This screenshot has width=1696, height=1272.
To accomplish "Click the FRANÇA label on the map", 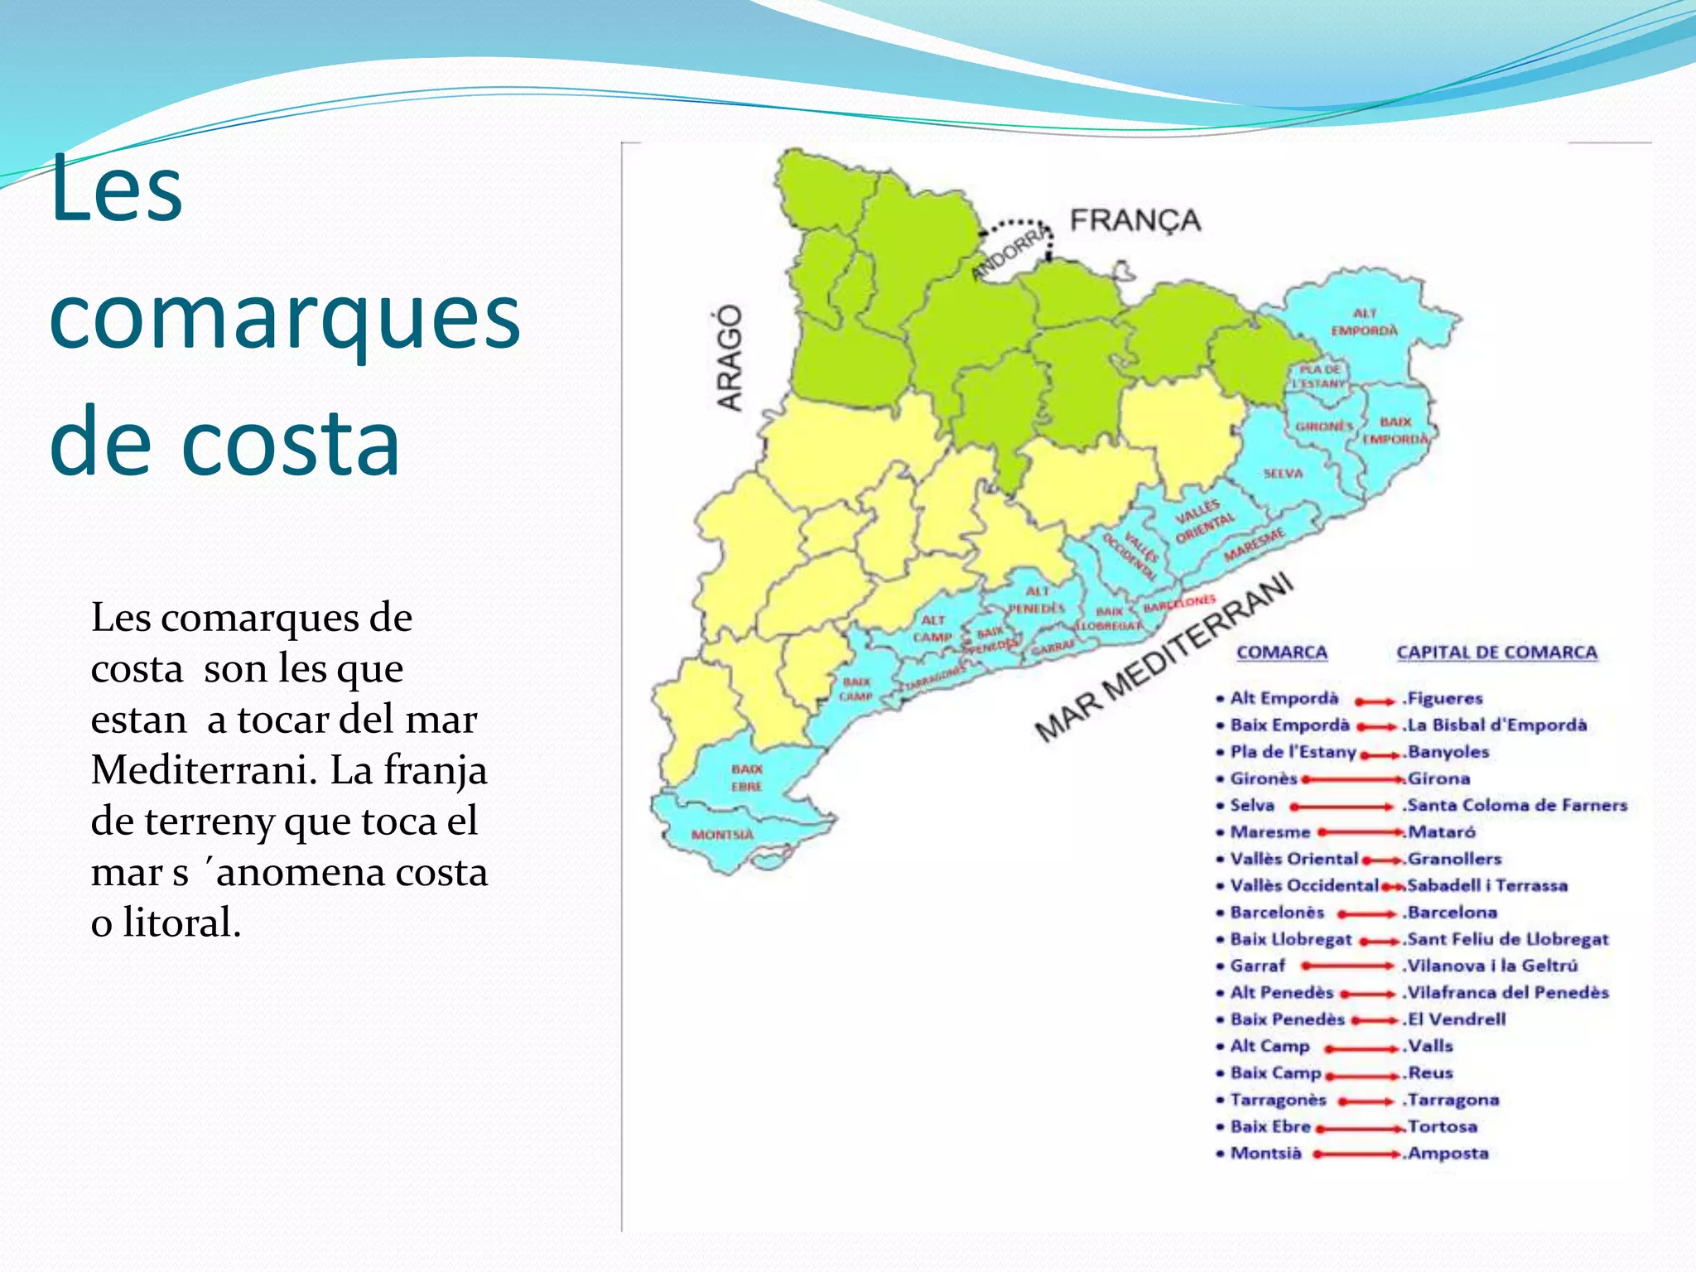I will (x=1135, y=220).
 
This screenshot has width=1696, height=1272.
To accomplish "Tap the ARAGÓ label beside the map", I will (x=729, y=357).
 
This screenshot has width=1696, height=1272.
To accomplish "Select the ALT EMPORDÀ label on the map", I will (x=1363, y=322).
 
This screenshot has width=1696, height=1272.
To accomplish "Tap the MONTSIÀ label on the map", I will (x=722, y=834).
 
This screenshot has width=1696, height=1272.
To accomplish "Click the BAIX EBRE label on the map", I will (x=746, y=778).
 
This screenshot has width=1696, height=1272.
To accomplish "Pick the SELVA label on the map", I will (x=1283, y=474).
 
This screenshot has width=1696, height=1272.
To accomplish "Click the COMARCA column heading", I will (x=1281, y=653).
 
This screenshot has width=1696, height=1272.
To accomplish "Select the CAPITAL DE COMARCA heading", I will (x=1496, y=653).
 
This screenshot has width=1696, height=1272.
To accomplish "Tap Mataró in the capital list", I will (x=1442, y=832).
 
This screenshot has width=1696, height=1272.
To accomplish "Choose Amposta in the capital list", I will (x=1448, y=1154).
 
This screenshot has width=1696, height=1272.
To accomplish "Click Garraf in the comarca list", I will (x=1257, y=966).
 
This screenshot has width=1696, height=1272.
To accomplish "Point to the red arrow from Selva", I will (x=1342, y=806).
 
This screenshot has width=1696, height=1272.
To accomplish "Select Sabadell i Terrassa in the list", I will (x=1487, y=886).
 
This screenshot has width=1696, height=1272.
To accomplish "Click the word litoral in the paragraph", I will (x=181, y=923).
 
